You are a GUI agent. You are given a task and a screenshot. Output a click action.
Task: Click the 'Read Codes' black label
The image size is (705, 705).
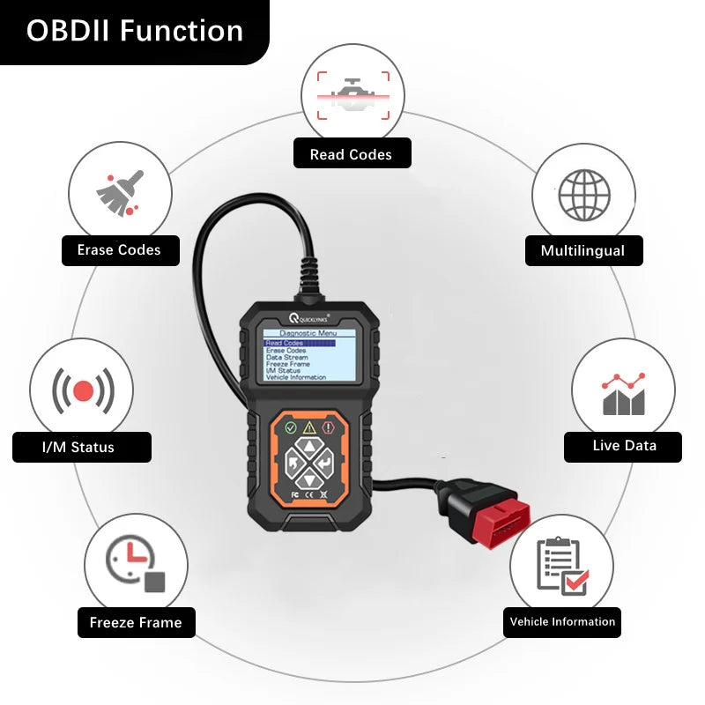[x=352, y=154]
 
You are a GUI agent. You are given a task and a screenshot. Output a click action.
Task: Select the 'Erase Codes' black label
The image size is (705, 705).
[x=120, y=250]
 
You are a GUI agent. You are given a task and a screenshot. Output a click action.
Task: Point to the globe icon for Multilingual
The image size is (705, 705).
[x=584, y=194]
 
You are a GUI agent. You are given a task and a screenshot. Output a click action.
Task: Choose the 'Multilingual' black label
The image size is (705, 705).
[x=583, y=251]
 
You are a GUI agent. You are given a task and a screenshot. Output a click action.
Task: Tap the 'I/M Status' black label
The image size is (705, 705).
[x=79, y=447]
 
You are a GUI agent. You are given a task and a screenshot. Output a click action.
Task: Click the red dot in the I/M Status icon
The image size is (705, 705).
[x=83, y=390]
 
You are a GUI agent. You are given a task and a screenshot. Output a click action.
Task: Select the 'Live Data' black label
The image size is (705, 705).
[x=624, y=446]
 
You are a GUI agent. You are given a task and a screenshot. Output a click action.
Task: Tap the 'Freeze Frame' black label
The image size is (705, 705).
[x=135, y=623]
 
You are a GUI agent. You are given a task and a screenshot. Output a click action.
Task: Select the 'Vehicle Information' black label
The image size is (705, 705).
[x=562, y=622]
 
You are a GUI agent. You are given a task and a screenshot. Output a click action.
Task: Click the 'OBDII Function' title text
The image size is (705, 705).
[x=134, y=31]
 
